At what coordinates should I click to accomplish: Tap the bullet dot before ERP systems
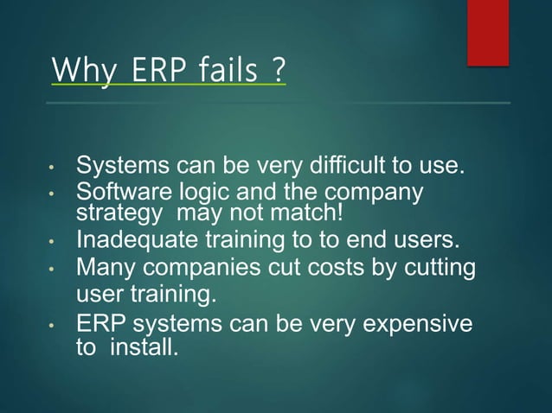[53, 327]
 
